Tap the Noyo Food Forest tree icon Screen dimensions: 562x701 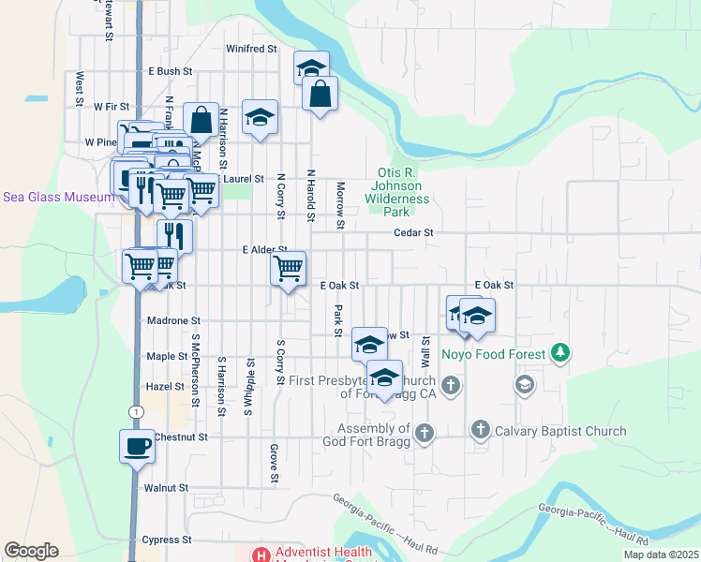click(x=561, y=352)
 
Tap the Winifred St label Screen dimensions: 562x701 click(x=252, y=48)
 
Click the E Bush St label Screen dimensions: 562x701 click(x=170, y=70)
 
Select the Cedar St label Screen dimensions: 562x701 click(x=413, y=232)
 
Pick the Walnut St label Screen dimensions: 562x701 click(x=167, y=488)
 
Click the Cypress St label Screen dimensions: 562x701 click(x=167, y=540)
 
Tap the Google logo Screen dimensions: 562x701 click(x=31, y=551)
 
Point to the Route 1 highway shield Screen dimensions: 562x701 click(x=136, y=410)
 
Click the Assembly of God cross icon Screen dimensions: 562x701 click(x=425, y=433)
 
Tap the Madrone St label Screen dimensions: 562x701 click(x=169, y=320)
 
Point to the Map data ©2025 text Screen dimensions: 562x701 click(x=660, y=555)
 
